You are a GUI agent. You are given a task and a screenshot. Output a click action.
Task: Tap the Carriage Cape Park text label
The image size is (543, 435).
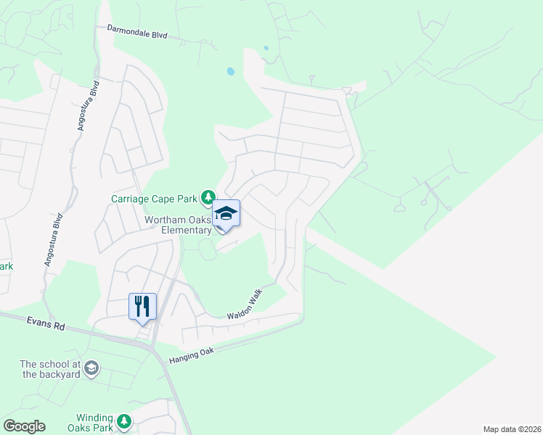pyautogui.click(x=155, y=198)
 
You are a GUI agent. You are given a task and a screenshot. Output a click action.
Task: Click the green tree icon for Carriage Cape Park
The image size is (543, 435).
pyautogui.click(x=208, y=196)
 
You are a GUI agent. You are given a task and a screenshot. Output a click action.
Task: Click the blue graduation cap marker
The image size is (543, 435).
pyautogui.click(x=226, y=214)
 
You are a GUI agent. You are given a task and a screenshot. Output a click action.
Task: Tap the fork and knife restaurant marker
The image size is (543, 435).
pyautogui.click(x=142, y=305)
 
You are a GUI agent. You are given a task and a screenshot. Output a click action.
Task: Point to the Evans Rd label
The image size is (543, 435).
pyautogui.click(x=46, y=323)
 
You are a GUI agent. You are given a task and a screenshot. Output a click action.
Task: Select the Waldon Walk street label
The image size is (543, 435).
pyautogui.click(x=243, y=306)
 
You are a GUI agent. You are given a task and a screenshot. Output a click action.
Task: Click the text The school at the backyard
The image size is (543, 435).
pyautogui.click(x=49, y=369)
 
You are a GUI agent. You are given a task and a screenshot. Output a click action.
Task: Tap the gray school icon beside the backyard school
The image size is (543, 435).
pyautogui.click(x=91, y=369)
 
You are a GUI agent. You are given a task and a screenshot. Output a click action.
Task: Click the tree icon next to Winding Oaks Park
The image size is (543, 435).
pyautogui.click(x=124, y=421)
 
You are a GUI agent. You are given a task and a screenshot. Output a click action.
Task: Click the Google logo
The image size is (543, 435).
pyautogui.click(x=23, y=426)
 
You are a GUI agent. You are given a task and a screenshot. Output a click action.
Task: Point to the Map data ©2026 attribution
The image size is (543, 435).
pyautogui.click(x=511, y=429)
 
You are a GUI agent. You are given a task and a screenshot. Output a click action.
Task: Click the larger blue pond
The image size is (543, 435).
pyautogui.click(x=230, y=72)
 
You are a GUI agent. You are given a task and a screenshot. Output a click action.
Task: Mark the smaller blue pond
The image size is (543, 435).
pyautogui.click(x=266, y=49)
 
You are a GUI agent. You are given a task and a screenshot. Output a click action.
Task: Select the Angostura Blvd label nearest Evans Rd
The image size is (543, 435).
pyautogui.click(x=54, y=239)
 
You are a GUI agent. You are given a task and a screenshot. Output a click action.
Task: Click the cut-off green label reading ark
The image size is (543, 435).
pyautogui.click(x=6, y=266)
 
